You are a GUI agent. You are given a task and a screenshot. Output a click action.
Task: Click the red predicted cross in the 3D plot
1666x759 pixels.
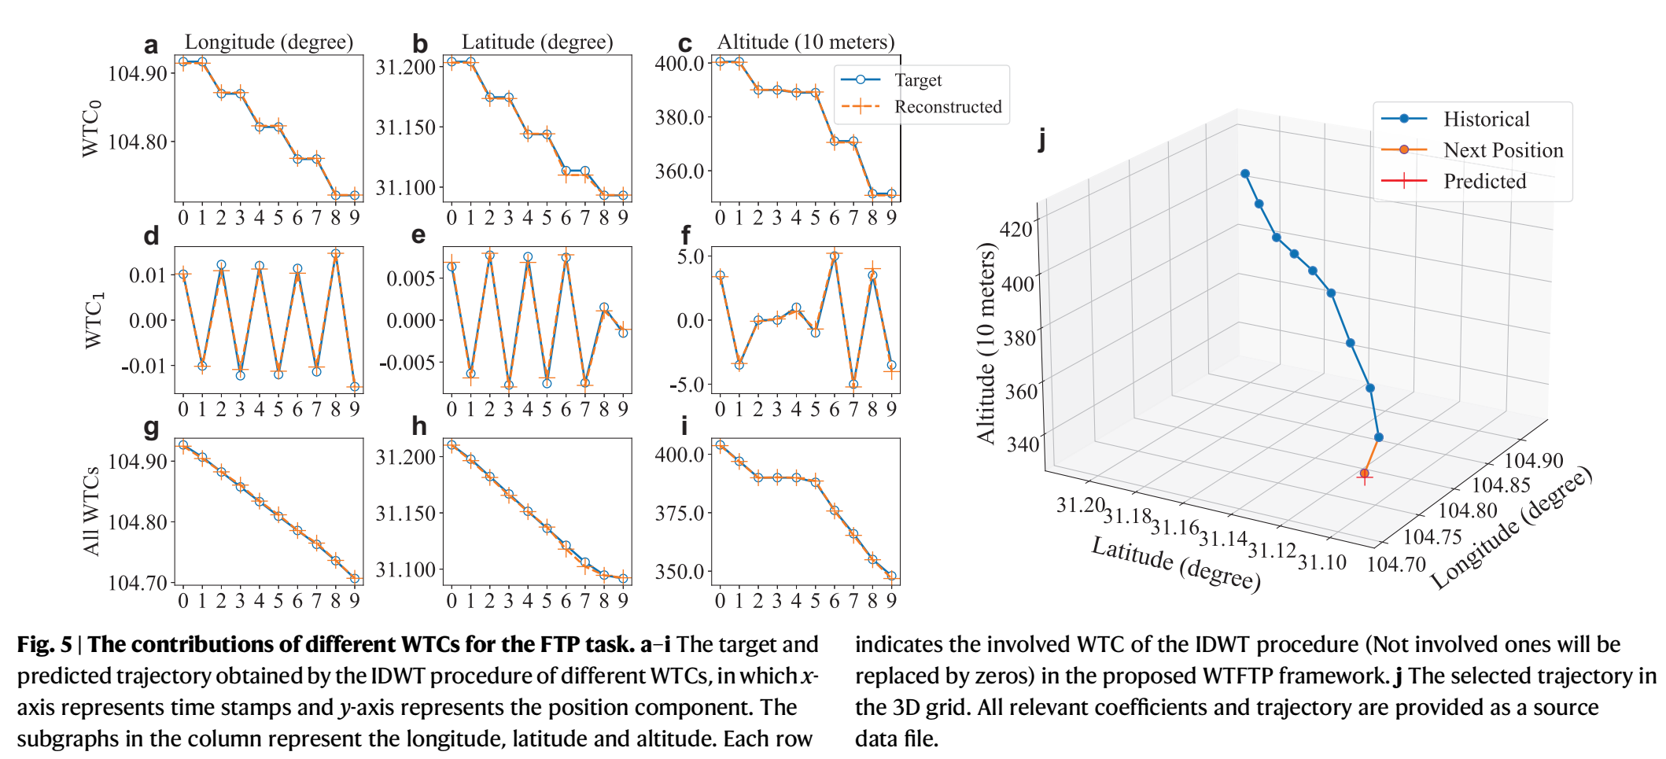(1365, 475)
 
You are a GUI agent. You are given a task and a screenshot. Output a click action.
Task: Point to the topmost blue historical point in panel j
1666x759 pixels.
(1245, 174)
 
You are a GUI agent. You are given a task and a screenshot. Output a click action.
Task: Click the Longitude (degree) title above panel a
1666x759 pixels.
(269, 42)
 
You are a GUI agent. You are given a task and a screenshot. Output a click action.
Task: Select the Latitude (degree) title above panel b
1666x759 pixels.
(537, 42)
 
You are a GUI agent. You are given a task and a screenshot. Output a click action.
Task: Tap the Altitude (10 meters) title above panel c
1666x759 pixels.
(806, 42)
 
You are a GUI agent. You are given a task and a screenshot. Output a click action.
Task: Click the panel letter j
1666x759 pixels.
(1042, 140)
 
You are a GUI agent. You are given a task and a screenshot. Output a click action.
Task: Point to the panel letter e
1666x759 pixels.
(418, 235)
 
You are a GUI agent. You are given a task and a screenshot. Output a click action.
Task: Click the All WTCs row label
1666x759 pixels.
(91, 511)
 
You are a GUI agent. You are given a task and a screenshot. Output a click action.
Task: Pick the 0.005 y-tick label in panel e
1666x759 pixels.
(411, 278)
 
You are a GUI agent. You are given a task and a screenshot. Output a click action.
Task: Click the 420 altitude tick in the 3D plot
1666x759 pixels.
(1015, 229)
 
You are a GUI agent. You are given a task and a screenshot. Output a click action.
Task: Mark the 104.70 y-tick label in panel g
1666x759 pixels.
(138, 583)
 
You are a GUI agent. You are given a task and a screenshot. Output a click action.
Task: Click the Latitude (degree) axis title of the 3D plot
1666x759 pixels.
(1176, 563)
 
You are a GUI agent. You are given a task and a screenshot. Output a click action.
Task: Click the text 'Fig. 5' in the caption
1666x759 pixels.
(44, 644)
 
